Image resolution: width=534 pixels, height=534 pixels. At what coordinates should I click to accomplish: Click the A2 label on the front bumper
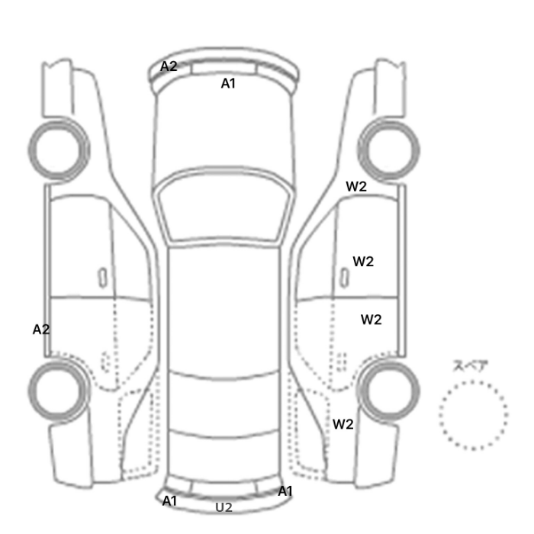click(x=169, y=66)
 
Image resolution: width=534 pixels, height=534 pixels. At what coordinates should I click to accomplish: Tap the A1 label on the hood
click(x=228, y=83)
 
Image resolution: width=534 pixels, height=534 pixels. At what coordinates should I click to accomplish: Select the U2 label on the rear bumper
click(x=224, y=507)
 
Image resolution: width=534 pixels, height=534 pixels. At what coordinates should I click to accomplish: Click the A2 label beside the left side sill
click(x=41, y=330)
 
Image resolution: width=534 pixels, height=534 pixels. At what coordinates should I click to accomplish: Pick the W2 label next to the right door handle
click(x=363, y=262)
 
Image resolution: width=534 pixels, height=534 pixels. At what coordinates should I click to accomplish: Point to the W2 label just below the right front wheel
click(x=356, y=186)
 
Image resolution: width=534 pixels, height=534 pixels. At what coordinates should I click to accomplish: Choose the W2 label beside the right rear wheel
click(x=343, y=424)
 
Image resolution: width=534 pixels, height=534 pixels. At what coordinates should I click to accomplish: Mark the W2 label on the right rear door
click(x=371, y=320)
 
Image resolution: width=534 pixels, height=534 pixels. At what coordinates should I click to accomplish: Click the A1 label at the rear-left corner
click(x=169, y=501)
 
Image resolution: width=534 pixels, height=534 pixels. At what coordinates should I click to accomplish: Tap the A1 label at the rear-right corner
click(x=285, y=491)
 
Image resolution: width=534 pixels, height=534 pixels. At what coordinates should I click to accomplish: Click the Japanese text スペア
click(x=466, y=365)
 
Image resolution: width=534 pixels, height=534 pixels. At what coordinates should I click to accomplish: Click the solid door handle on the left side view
click(x=102, y=278)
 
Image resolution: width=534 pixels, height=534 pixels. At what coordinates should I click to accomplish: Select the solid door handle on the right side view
click(x=345, y=278)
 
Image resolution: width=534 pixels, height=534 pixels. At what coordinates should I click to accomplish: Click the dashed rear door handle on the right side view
click(x=342, y=362)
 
